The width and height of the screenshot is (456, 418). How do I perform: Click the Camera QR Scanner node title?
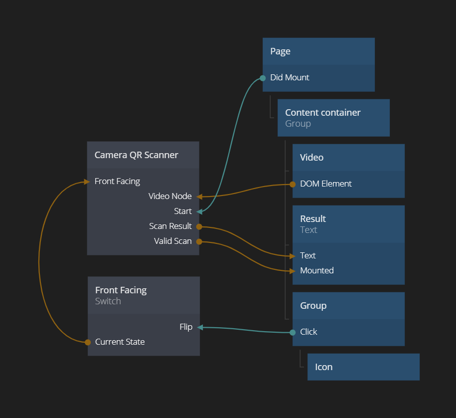(136, 155)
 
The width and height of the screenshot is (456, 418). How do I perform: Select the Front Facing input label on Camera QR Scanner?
(117, 182)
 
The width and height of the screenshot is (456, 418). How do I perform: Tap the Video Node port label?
(170, 197)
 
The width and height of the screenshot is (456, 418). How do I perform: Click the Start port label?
(183, 211)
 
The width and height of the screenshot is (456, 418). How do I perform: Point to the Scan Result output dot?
(199, 226)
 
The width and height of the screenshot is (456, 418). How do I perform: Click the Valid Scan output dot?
(199, 241)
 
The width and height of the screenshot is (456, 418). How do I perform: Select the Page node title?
(280, 51)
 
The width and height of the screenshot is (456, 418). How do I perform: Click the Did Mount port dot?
(263, 78)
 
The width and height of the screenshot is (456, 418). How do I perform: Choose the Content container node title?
(322, 113)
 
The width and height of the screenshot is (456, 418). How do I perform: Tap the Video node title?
(311, 158)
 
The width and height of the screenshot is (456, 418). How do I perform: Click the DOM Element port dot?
(293, 184)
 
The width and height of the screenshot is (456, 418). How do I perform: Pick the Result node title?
(312, 219)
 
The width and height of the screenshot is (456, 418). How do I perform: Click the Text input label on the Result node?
(307, 256)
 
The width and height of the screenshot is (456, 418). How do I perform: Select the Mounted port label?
(316, 271)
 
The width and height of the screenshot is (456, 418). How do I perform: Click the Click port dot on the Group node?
(293, 332)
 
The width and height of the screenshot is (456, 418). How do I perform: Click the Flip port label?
(186, 327)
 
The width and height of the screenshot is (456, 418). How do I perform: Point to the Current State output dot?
(88, 342)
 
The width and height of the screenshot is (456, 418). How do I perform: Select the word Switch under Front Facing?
(108, 301)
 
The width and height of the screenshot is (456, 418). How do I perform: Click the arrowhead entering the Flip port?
(200, 327)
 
